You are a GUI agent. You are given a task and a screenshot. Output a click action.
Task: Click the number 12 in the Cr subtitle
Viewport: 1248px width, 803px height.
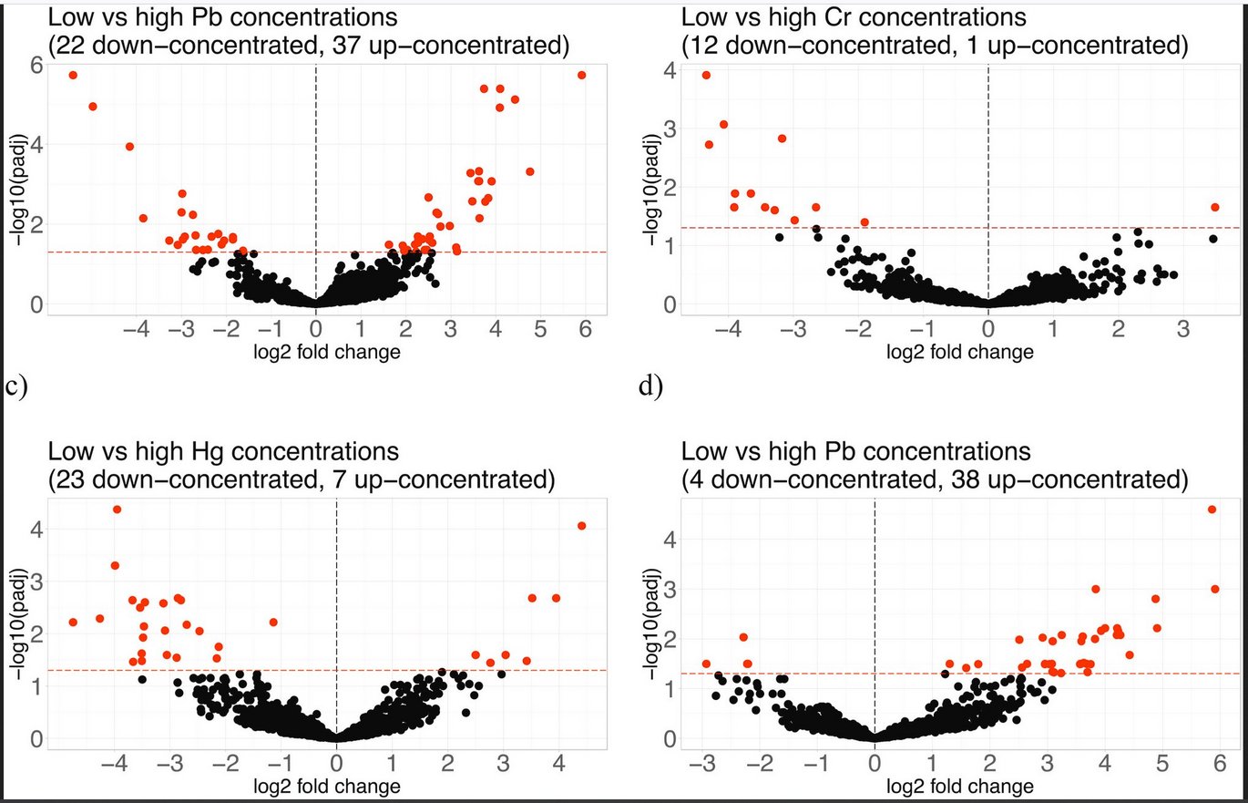pos(703,46)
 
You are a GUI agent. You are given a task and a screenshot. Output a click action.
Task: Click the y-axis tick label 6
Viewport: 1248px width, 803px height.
pos(35,65)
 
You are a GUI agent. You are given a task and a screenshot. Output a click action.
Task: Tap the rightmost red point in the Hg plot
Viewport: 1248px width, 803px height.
pos(582,525)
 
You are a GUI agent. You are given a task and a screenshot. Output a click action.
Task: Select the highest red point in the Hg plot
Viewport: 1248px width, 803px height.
pos(117,510)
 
